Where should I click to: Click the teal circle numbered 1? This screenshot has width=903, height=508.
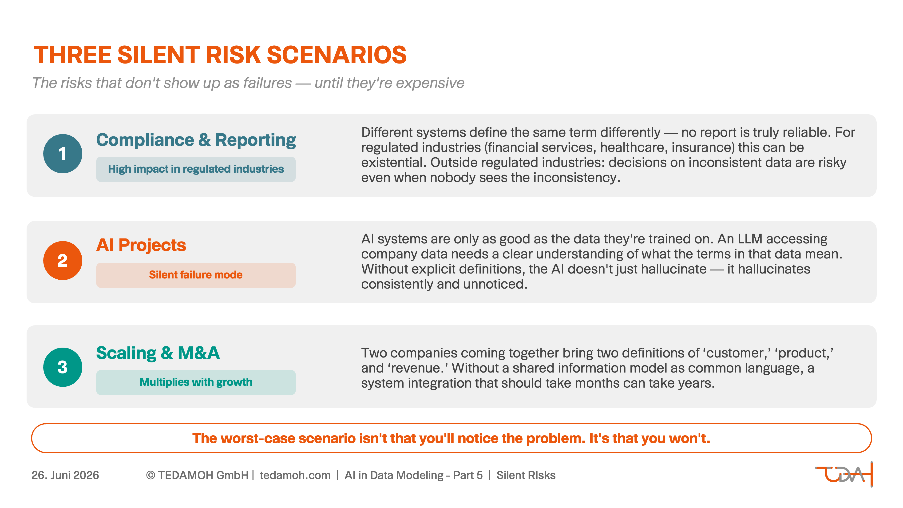(63, 154)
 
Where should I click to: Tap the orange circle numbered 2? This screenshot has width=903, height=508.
(63, 261)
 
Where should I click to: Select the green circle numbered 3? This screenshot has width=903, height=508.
(63, 367)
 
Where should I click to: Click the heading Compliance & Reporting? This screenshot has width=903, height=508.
(196, 140)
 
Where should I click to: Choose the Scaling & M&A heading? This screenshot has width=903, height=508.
(158, 353)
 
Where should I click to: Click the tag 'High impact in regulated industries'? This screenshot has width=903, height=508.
(196, 169)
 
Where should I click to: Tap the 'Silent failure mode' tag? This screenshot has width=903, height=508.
(196, 275)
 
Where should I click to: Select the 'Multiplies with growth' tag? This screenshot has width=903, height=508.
(196, 382)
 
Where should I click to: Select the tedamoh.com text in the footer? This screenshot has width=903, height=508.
(295, 475)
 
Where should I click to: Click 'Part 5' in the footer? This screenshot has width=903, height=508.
(468, 475)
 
